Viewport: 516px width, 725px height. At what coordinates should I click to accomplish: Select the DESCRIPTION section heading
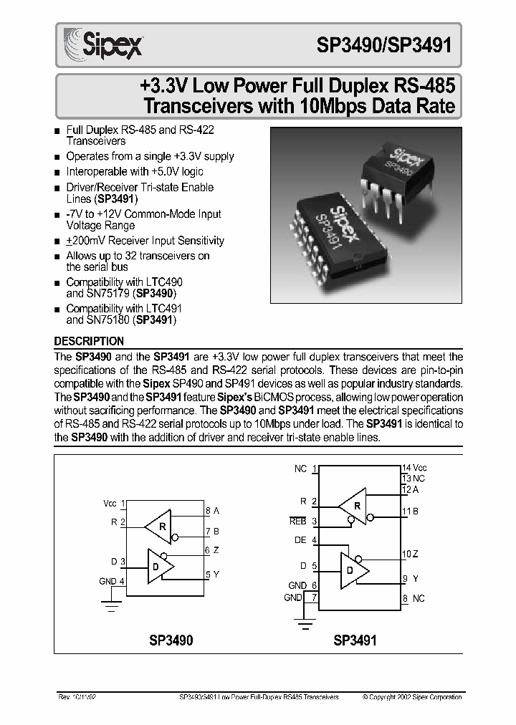[90, 342]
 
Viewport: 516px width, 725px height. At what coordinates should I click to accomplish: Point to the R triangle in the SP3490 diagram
[158, 527]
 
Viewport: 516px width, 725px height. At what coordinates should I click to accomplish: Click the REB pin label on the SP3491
[297, 522]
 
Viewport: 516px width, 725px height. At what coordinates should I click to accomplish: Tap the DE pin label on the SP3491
[300, 540]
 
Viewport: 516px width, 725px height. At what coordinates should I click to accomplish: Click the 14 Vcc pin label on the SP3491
[414, 468]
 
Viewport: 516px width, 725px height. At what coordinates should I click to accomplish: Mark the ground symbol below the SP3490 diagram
[112, 607]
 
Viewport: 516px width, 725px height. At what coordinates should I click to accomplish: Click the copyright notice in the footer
[412, 696]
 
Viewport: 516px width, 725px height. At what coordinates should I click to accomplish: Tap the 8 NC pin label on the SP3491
[414, 598]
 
